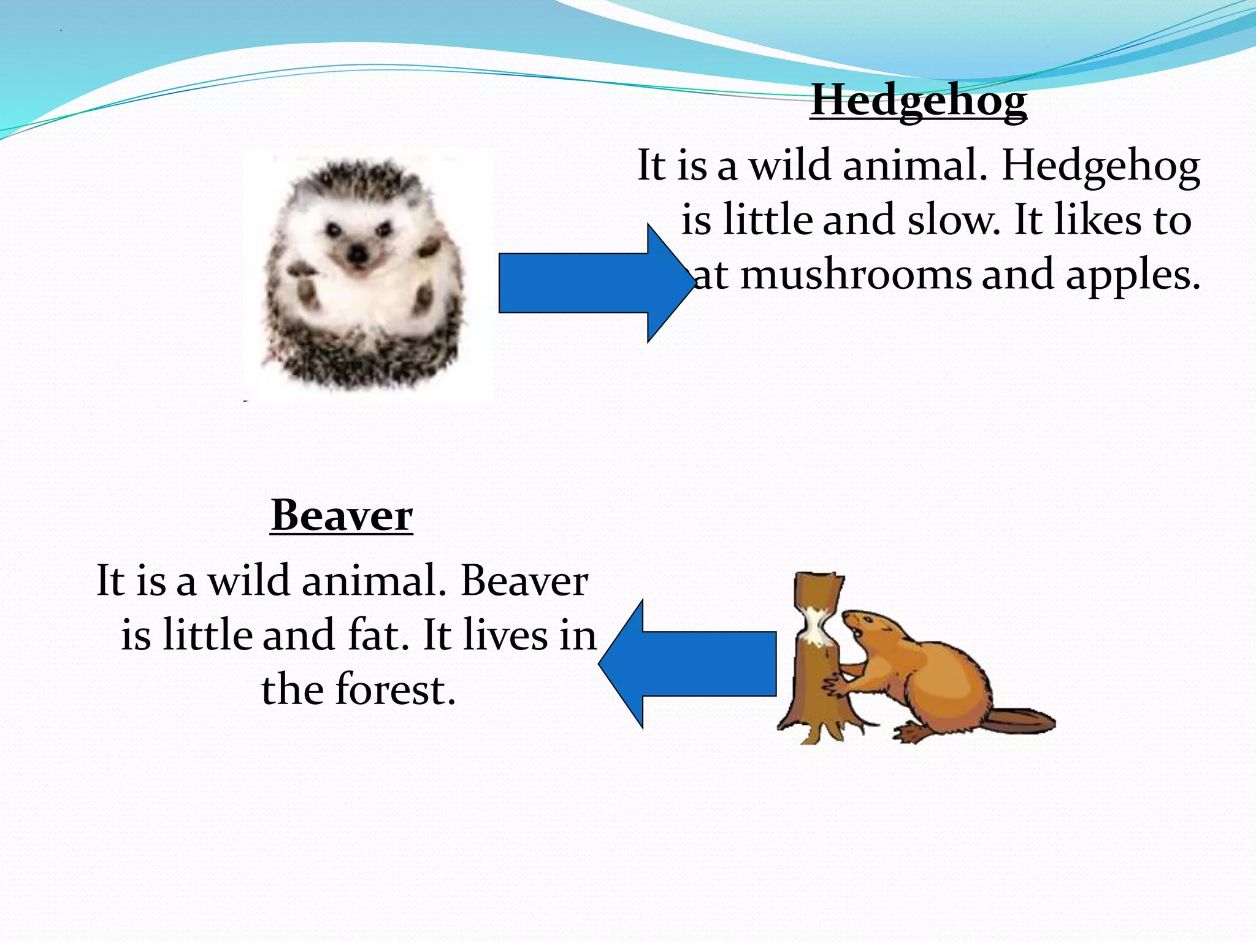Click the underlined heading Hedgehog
coord(918,101)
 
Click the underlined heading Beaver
coord(342,516)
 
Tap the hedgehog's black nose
coord(356,254)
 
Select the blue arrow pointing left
coord(687,664)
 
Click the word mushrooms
coord(856,275)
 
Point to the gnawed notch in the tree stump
coord(816,625)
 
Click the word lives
coord(505,635)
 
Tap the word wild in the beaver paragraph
coord(249,581)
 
